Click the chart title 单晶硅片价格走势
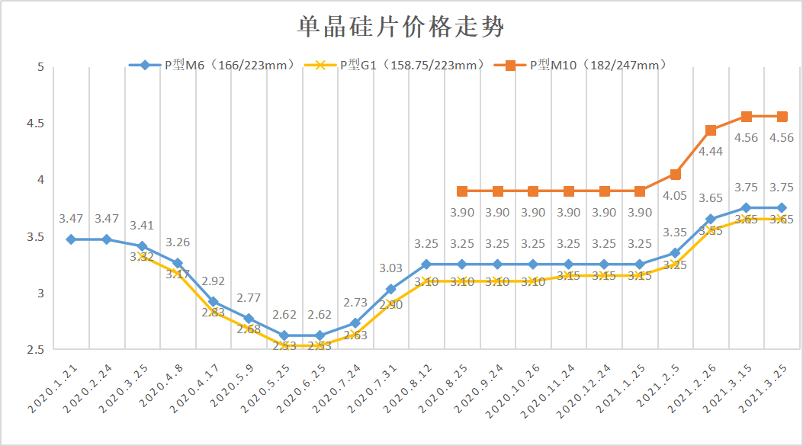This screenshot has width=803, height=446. pyautogui.click(x=400, y=28)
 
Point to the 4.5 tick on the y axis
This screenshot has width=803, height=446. pyautogui.click(x=36, y=124)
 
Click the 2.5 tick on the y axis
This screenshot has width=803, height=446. pyautogui.click(x=36, y=349)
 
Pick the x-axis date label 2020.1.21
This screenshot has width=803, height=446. pyautogui.click(x=52, y=389)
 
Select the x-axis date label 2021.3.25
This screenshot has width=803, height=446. pyautogui.click(x=763, y=389)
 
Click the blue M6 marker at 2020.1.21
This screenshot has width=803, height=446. pyautogui.click(x=71, y=239)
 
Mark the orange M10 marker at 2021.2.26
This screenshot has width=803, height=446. pyautogui.click(x=711, y=130)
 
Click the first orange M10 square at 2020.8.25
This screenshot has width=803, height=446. pyautogui.click(x=462, y=191)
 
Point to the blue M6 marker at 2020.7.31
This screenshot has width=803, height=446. pyautogui.click(x=391, y=289)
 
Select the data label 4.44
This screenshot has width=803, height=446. pyautogui.click(x=711, y=152)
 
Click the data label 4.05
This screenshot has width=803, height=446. pyautogui.click(x=676, y=196)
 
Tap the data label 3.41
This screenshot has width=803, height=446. pyautogui.click(x=142, y=226)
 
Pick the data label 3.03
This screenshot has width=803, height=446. pyautogui.click(x=391, y=268)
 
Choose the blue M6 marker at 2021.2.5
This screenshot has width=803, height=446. pyautogui.click(x=676, y=253)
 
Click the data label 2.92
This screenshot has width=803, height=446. pyautogui.click(x=213, y=281)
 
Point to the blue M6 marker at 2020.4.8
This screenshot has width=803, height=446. pyautogui.click(x=178, y=263)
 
